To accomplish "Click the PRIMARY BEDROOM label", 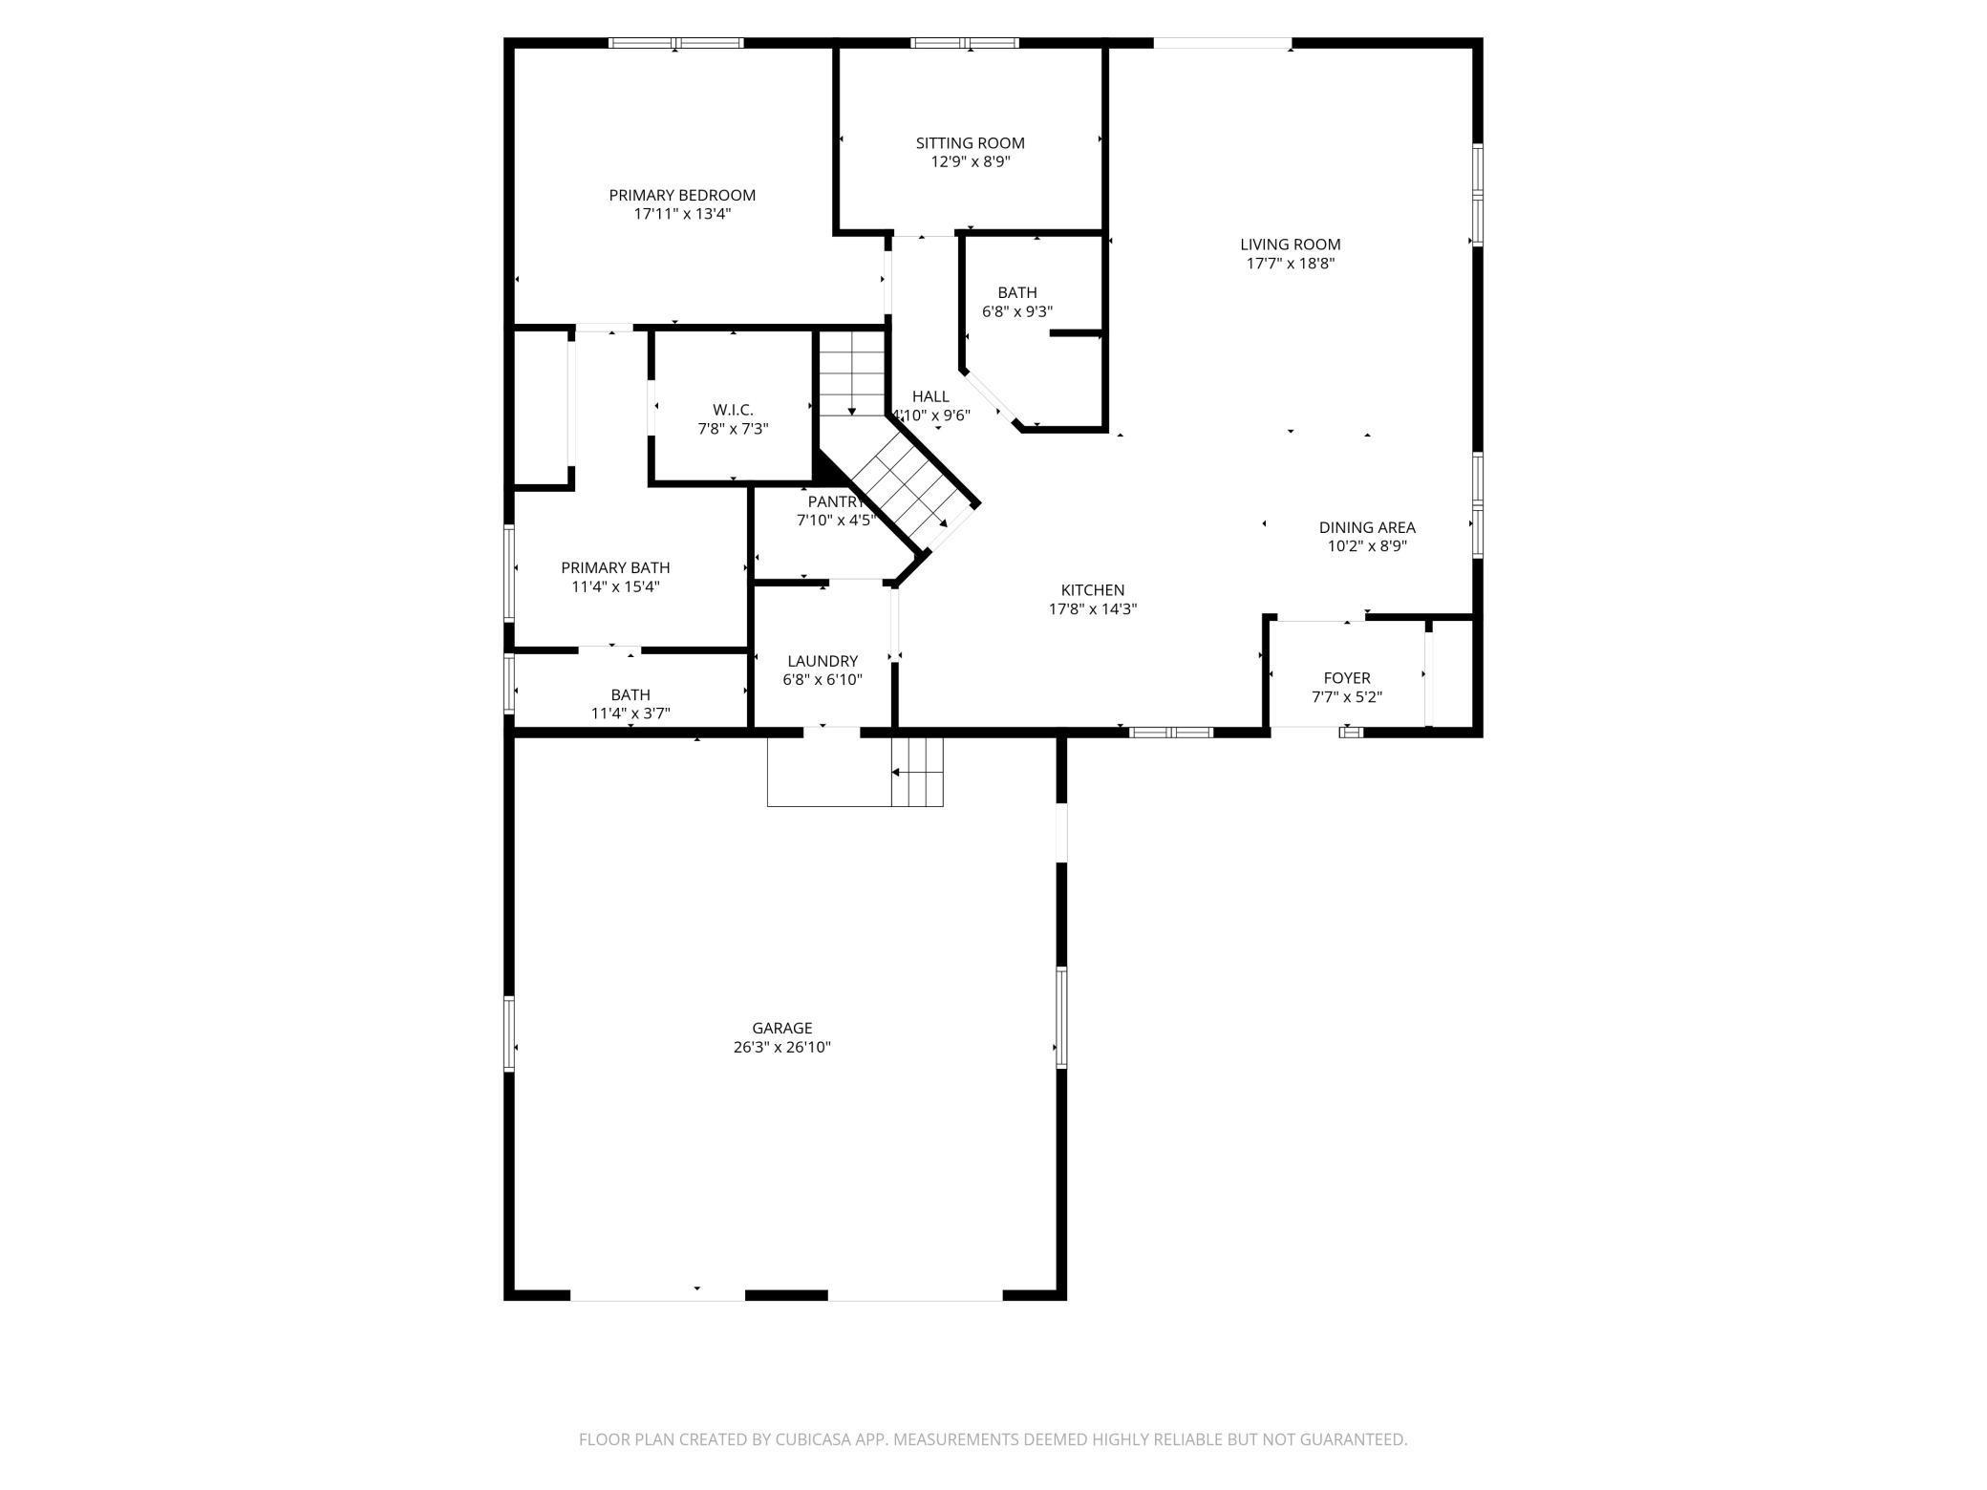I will click(x=682, y=195).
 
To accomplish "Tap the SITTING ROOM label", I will click(x=970, y=143).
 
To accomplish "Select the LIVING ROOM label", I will click(x=1290, y=245).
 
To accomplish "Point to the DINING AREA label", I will click(x=1366, y=527).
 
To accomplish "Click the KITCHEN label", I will click(x=1092, y=590).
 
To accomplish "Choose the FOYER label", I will click(x=1346, y=678).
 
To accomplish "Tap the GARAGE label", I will click(x=781, y=1028).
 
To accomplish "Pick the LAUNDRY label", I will click(x=822, y=661).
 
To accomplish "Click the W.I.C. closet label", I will click(x=733, y=410).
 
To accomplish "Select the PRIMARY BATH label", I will click(x=615, y=567).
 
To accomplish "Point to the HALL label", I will click(x=929, y=396).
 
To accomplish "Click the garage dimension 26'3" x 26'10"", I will click(x=781, y=1047).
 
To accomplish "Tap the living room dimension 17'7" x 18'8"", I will click(x=1290, y=264).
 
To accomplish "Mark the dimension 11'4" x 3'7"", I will click(x=630, y=713).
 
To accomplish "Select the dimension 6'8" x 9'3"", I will click(x=1016, y=311).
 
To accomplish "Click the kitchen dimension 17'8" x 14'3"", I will click(x=1092, y=609).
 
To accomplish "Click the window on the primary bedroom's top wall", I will click(x=676, y=43).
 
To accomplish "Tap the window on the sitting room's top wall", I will click(x=965, y=43).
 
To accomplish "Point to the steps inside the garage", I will click(x=917, y=771).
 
